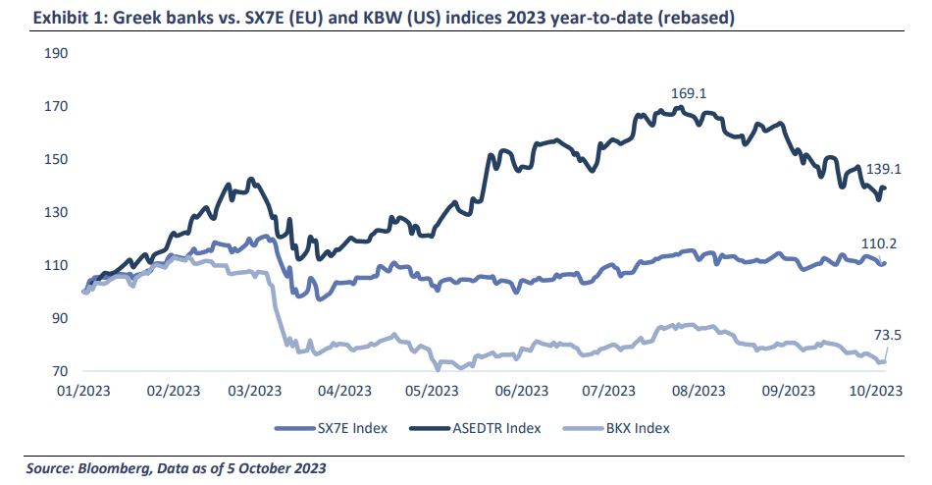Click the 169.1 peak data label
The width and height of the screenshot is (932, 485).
pyautogui.click(x=688, y=93)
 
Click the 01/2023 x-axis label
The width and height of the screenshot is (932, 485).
pyautogui.click(x=83, y=390)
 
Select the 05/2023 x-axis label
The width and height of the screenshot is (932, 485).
pyautogui.click(x=432, y=390)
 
